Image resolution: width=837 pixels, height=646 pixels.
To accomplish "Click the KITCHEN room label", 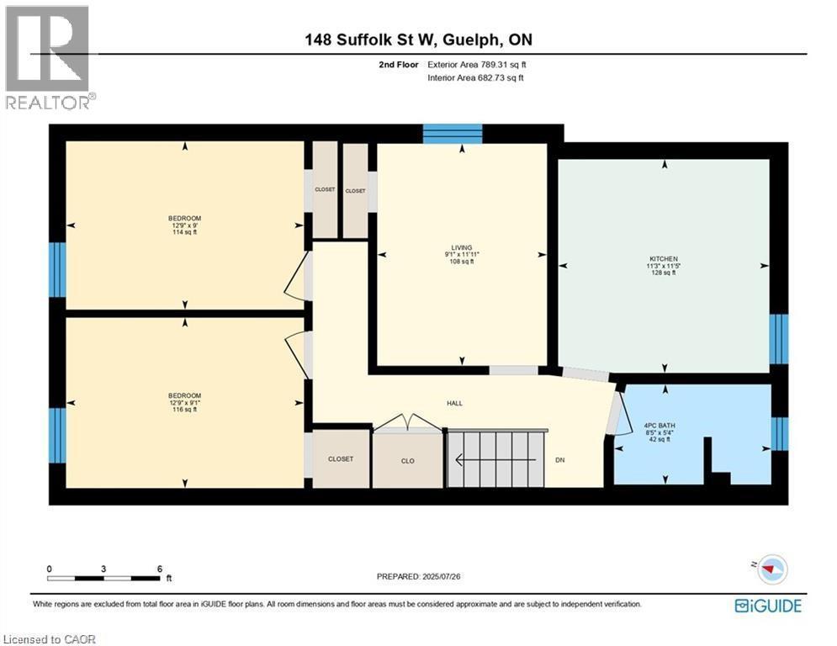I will coord(663,258).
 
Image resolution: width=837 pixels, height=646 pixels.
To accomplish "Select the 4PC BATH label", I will coord(659,426).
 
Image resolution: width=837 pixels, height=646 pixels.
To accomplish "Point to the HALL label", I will coord(454,403).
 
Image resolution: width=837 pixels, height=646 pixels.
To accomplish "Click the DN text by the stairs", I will coord(560,460).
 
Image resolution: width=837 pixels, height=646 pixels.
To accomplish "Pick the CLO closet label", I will coord(407,460).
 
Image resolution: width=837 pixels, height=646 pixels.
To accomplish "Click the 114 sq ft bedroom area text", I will coord(184,232).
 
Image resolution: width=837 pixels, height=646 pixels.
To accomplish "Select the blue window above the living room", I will coord(452,134).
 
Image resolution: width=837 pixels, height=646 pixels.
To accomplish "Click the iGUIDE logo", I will coord(767,606).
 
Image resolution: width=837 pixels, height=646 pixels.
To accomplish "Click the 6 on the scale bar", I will coord(159,569).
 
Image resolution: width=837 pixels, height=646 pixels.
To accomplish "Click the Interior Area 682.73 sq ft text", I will coord(477,77).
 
